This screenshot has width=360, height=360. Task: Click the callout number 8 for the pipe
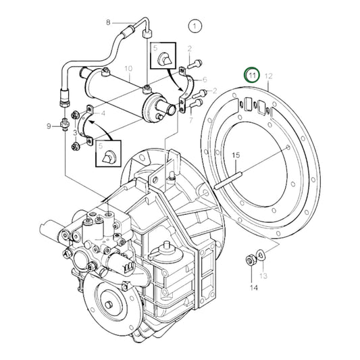point(107,23)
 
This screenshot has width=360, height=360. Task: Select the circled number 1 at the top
point(196,27)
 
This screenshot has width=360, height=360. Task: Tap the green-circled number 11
point(252,75)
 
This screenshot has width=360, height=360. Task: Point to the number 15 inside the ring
point(236,156)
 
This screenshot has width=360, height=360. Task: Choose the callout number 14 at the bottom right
point(254,288)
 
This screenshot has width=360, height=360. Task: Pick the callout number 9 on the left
point(49,126)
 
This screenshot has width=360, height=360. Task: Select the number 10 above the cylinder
point(128,69)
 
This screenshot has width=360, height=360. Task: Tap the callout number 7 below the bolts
point(191,120)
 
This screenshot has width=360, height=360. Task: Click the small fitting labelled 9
point(66,126)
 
